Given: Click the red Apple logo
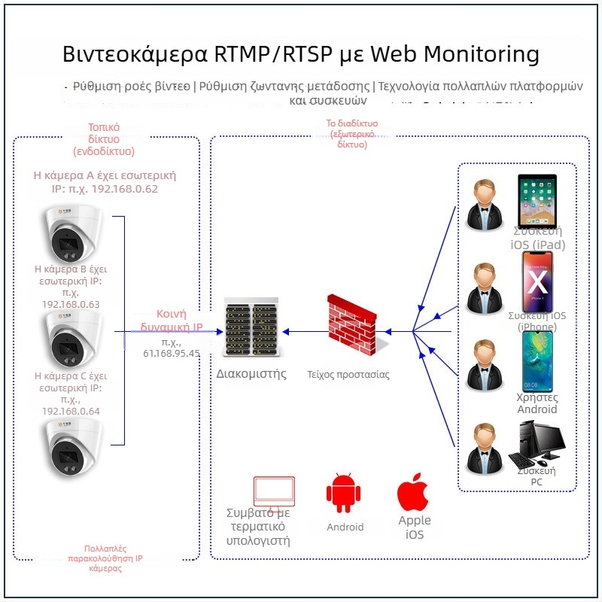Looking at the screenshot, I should pyautogui.click(x=412, y=494).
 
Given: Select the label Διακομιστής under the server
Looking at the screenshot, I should pyautogui.click(x=251, y=374).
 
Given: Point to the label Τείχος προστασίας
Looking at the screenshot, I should pyautogui.click(x=348, y=374).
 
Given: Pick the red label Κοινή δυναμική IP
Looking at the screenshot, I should pyautogui.click(x=172, y=321).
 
